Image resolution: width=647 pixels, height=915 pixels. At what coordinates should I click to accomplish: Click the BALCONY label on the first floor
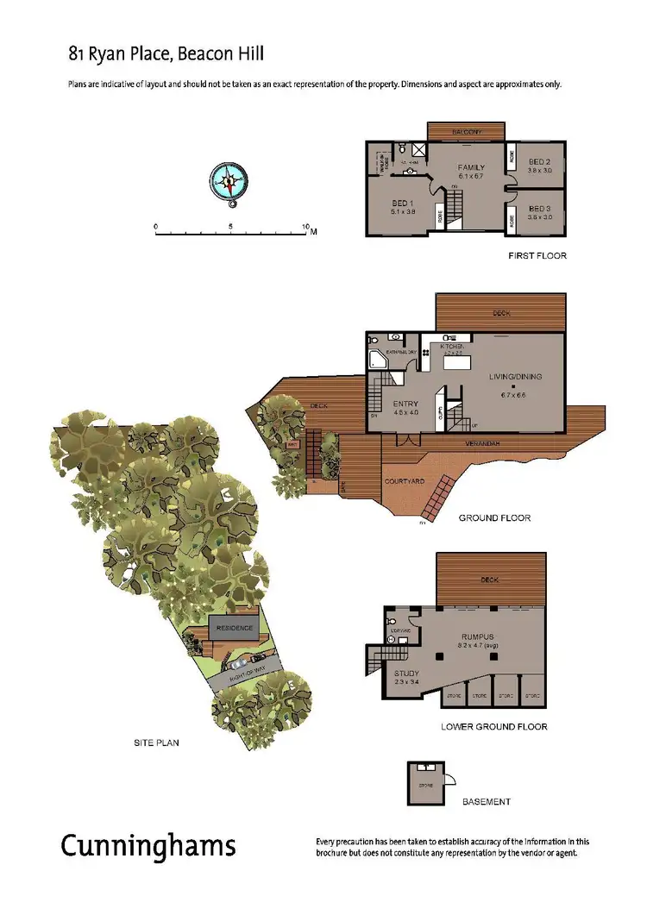[466, 131]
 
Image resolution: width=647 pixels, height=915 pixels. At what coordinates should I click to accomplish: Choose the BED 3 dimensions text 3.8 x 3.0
[539, 217]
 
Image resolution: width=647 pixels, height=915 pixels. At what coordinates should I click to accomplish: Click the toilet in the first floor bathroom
[402, 150]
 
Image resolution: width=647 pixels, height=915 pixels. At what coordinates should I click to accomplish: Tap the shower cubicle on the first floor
[418, 150]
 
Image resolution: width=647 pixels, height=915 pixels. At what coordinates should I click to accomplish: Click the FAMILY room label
[471, 167]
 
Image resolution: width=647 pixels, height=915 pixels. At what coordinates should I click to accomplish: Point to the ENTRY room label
[405, 404]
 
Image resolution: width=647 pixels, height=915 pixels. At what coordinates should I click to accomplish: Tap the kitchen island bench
[455, 361]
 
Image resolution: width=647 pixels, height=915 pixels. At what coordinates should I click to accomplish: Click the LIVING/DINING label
[512, 377]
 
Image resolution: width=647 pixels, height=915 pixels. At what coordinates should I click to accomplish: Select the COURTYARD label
[403, 481]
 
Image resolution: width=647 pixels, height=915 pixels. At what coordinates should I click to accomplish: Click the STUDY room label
[406, 673]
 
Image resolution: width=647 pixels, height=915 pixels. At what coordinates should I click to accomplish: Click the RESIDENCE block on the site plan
[234, 628]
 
